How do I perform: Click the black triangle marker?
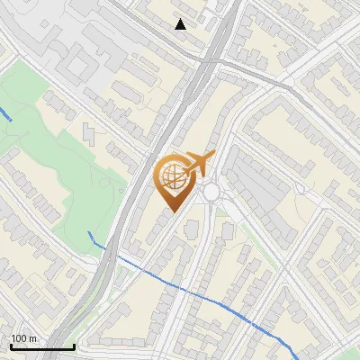pyautogui.click(x=181, y=24)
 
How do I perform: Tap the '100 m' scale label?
pyautogui.click(x=23, y=338)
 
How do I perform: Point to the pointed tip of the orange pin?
pyautogui.click(x=171, y=212)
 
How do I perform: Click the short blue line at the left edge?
pyautogui.click(x=4, y=114)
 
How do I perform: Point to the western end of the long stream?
pyautogui.click(x=88, y=232)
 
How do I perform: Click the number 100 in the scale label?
pyautogui.click(x=19, y=338)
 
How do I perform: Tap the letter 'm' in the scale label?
pyautogui.click(x=32, y=338)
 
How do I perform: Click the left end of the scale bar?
pyautogui.click(x=10, y=346)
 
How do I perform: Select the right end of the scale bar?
pyautogui.click(x=73, y=346)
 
